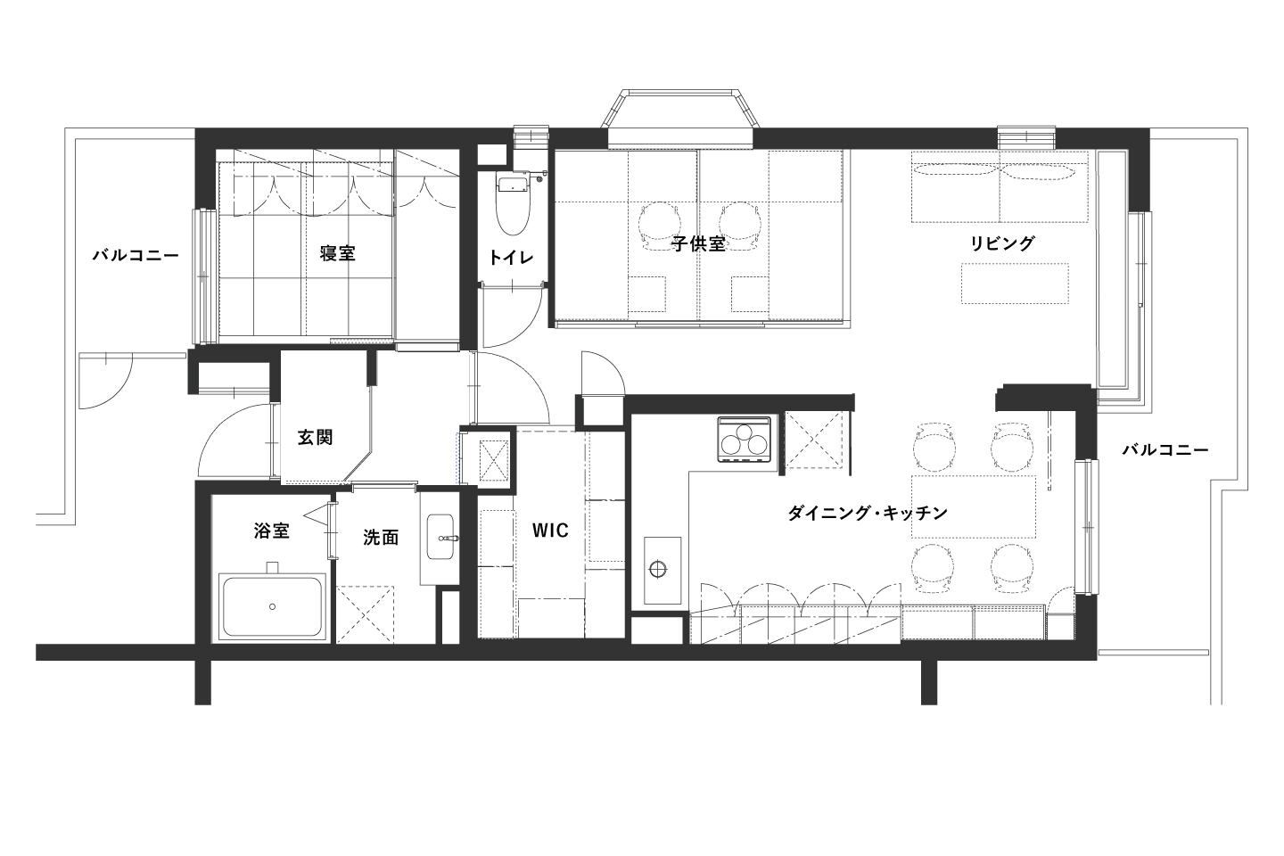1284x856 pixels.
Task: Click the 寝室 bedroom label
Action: [x=338, y=253]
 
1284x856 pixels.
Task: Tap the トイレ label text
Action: [x=511, y=258]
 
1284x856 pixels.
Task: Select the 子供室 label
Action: [x=699, y=244]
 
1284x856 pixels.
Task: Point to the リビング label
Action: [x=1002, y=243]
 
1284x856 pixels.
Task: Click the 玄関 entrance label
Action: [x=316, y=438]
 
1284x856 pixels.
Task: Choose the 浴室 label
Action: [x=272, y=531]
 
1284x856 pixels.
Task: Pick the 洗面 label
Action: [x=381, y=537]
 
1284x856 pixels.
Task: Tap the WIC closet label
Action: [x=551, y=531]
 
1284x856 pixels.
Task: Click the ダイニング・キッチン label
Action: [x=868, y=513]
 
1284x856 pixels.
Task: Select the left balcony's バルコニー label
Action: [x=136, y=255]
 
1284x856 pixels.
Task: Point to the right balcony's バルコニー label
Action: [x=1165, y=450]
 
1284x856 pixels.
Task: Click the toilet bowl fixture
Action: [x=512, y=203]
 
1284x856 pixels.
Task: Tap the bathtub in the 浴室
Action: [x=272, y=606]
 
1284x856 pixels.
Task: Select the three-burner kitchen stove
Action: [x=744, y=440]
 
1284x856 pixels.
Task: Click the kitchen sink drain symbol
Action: [x=658, y=569]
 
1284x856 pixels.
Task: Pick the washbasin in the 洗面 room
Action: [x=440, y=537]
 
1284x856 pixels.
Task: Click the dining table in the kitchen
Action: [x=974, y=506]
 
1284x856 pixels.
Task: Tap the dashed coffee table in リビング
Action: [x=1015, y=284]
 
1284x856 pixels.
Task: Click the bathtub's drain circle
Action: [x=272, y=606]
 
